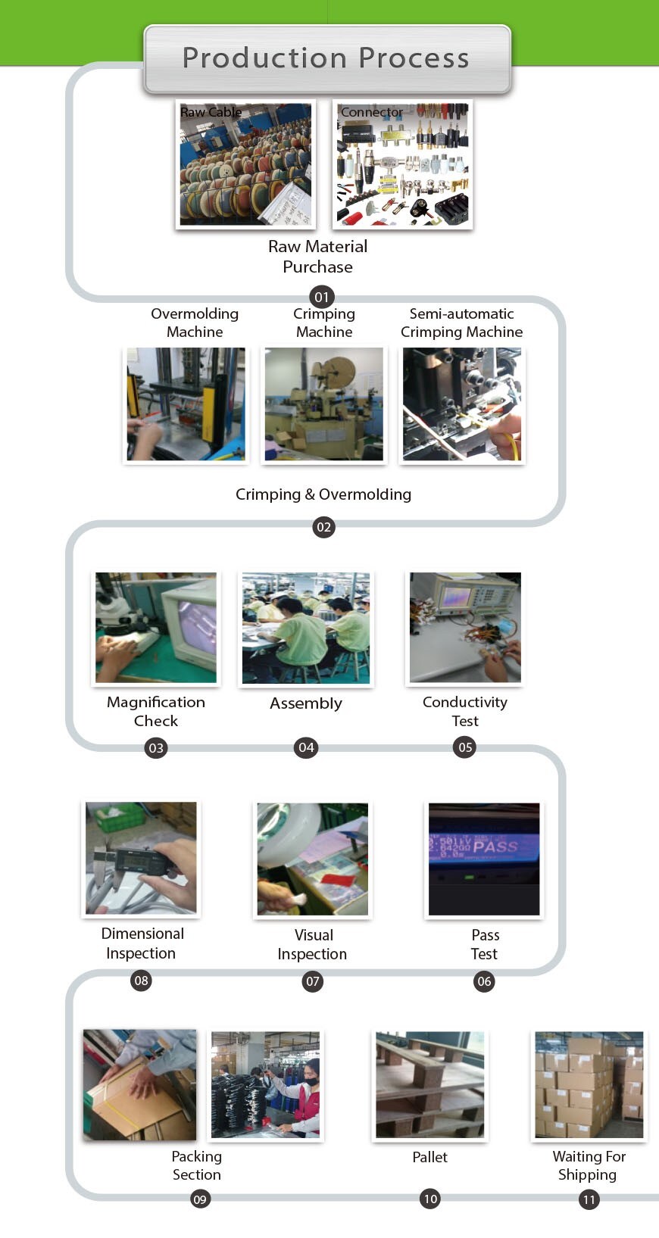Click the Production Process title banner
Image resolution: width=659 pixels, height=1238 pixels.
(326, 58)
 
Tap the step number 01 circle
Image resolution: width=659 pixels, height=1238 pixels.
(322, 297)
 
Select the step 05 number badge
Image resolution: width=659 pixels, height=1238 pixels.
(465, 747)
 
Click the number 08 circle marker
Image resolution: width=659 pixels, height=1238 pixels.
(142, 981)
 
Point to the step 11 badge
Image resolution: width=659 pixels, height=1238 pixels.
(589, 1199)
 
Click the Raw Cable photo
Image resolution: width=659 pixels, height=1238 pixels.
(245, 164)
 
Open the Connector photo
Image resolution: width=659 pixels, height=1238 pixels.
(403, 164)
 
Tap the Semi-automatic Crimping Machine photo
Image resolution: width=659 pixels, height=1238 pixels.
(462, 404)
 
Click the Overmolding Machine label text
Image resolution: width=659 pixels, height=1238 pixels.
(195, 323)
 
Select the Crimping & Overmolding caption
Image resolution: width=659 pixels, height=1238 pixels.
(323, 494)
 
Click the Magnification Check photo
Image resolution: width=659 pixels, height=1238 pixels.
(156, 628)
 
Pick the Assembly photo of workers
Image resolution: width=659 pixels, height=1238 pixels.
(306, 628)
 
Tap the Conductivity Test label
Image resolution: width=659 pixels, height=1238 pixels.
(465, 711)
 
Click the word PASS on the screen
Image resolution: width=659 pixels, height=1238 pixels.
(495, 846)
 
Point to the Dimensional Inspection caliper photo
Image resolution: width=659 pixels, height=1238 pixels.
(141, 858)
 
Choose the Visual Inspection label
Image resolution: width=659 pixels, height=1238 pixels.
(312, 944)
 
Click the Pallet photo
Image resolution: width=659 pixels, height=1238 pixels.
(430, 1085)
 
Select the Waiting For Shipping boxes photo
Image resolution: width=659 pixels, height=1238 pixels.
(589, 1085)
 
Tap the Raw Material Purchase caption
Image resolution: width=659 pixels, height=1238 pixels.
(317, 257)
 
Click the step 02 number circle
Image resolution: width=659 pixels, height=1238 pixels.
(323, 527)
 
